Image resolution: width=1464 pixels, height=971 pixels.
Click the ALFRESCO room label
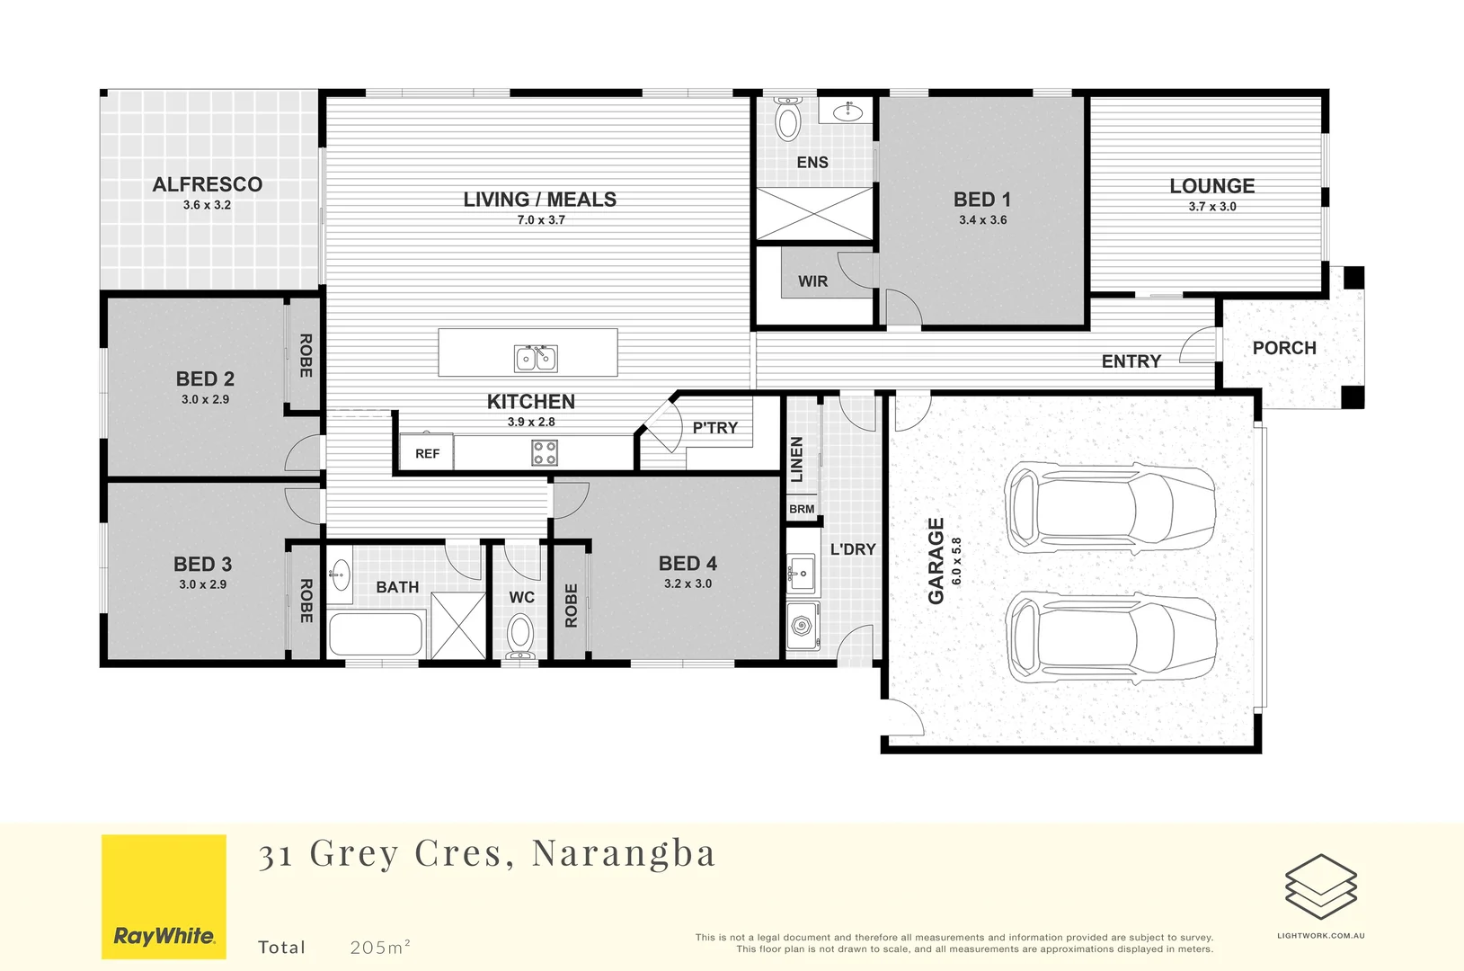(x=208, y=184)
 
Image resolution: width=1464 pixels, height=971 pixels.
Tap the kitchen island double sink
(x=536, y=359)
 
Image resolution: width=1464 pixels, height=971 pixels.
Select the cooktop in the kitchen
(x=545, y=452)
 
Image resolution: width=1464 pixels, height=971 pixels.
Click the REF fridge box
(x=427, y=453)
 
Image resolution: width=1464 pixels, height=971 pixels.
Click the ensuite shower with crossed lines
(x=814, y=214)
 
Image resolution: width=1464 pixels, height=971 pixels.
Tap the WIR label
(x=812, y=281)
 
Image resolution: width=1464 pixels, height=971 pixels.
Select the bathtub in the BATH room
(x=376, y=634)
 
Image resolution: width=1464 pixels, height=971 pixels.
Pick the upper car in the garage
(x=1110, y=508)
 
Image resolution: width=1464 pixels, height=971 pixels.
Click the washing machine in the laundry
(x=801, y=624)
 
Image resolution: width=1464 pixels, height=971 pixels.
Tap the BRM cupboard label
(x=802, y=509)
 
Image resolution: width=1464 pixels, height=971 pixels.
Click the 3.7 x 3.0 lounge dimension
(x=1212, y=207)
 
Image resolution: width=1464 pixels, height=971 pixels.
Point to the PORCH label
(x=1284, y=348)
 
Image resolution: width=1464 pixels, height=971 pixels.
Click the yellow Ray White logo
(x=164, y=896)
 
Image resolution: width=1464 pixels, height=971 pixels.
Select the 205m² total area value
(x=380, y=947)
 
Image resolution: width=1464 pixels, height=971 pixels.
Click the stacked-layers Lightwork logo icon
(x=1320, y=886)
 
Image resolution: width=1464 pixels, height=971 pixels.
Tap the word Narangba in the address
(x=624, y=853)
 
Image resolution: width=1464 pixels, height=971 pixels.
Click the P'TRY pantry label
(x=715, y=428)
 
